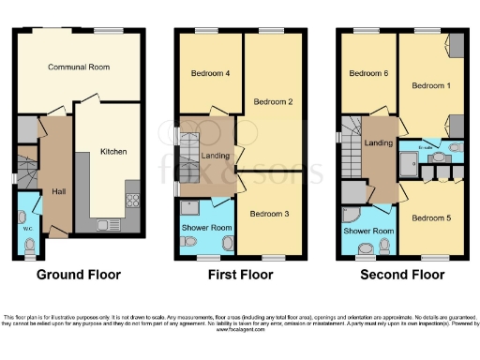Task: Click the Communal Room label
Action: click(x=80, y=67)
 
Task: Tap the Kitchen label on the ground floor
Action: click(x=113, y=151)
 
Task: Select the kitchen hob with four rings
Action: click(x=132, y=201)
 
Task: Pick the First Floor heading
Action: click(x=240, y=276)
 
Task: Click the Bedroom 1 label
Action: click(x=430, y=86)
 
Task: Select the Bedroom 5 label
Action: click(x=430, y=217)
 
